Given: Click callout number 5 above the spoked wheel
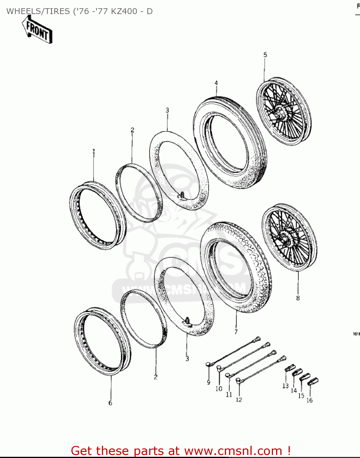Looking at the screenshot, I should pyautogui.click(x=265, y=55).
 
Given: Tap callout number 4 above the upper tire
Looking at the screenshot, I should pyautogui.click(x=216, y=83).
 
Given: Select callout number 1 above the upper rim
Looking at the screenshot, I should pyautogui.click(x=94, y=151).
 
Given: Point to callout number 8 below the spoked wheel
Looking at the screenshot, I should pyautogui.click(x=298, y=298).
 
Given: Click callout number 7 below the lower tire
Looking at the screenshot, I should pyautogui.click(x=236, y=332).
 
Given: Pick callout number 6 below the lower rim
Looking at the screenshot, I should pyautogui.click(x=110, y=403).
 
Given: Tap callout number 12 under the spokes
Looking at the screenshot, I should pyautogui.click(x=239, y=400).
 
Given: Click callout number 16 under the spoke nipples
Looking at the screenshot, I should pyautogui.click(x=309, y=400).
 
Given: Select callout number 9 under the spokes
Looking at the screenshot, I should pyautogui.click(x=209, y=383).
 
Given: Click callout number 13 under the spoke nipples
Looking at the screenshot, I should pyautogui.click(x=285, y=386).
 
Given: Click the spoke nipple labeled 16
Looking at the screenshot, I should pyautogui.click(x=313, y=381).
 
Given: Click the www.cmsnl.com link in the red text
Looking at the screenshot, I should pyautogui.click(x=233, y=451).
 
